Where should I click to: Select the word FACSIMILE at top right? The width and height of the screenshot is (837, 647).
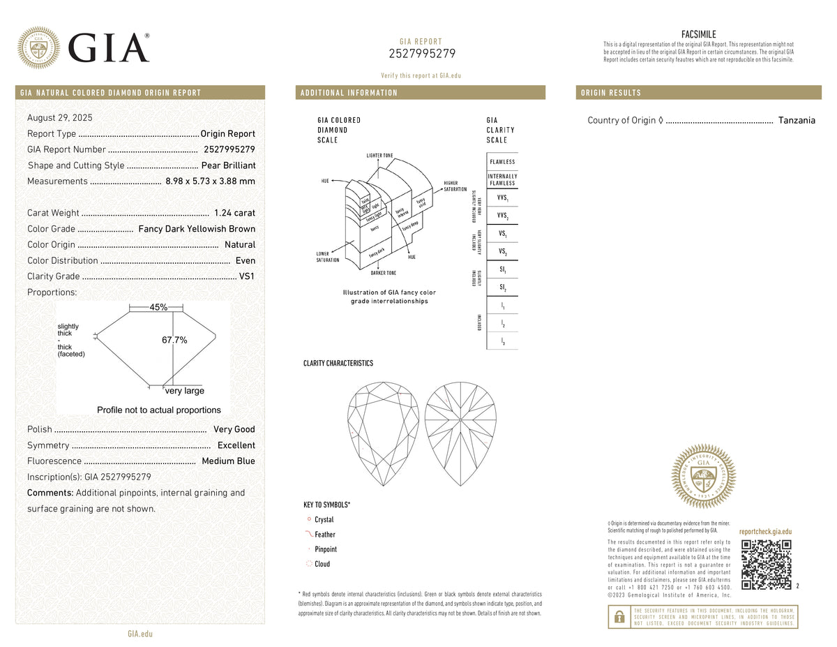(698, 34)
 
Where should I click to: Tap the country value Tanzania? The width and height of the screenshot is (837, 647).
(797, 120)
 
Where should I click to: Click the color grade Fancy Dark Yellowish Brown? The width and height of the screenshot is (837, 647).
(197, 229)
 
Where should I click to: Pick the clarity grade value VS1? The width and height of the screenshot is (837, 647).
(247, 276)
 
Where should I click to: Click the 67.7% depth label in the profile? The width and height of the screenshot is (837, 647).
(174, 340)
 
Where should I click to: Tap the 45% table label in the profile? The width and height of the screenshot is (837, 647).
(158, 307)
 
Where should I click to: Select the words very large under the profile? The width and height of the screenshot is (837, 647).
(185, 391)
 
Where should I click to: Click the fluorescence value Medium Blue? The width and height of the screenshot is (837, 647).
(228, 461)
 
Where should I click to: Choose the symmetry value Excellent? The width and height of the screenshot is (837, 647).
(236, 445)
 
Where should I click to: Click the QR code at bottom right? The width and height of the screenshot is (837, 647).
(766, 564)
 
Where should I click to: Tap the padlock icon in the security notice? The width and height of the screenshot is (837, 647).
(619, 616)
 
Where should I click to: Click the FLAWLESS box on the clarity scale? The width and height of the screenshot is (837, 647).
(502, 162)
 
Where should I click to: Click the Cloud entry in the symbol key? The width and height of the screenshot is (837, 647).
(322, 564)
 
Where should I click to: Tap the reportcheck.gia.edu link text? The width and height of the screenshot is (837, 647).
(765, 532)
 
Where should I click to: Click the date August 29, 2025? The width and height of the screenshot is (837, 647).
(60, 118)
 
